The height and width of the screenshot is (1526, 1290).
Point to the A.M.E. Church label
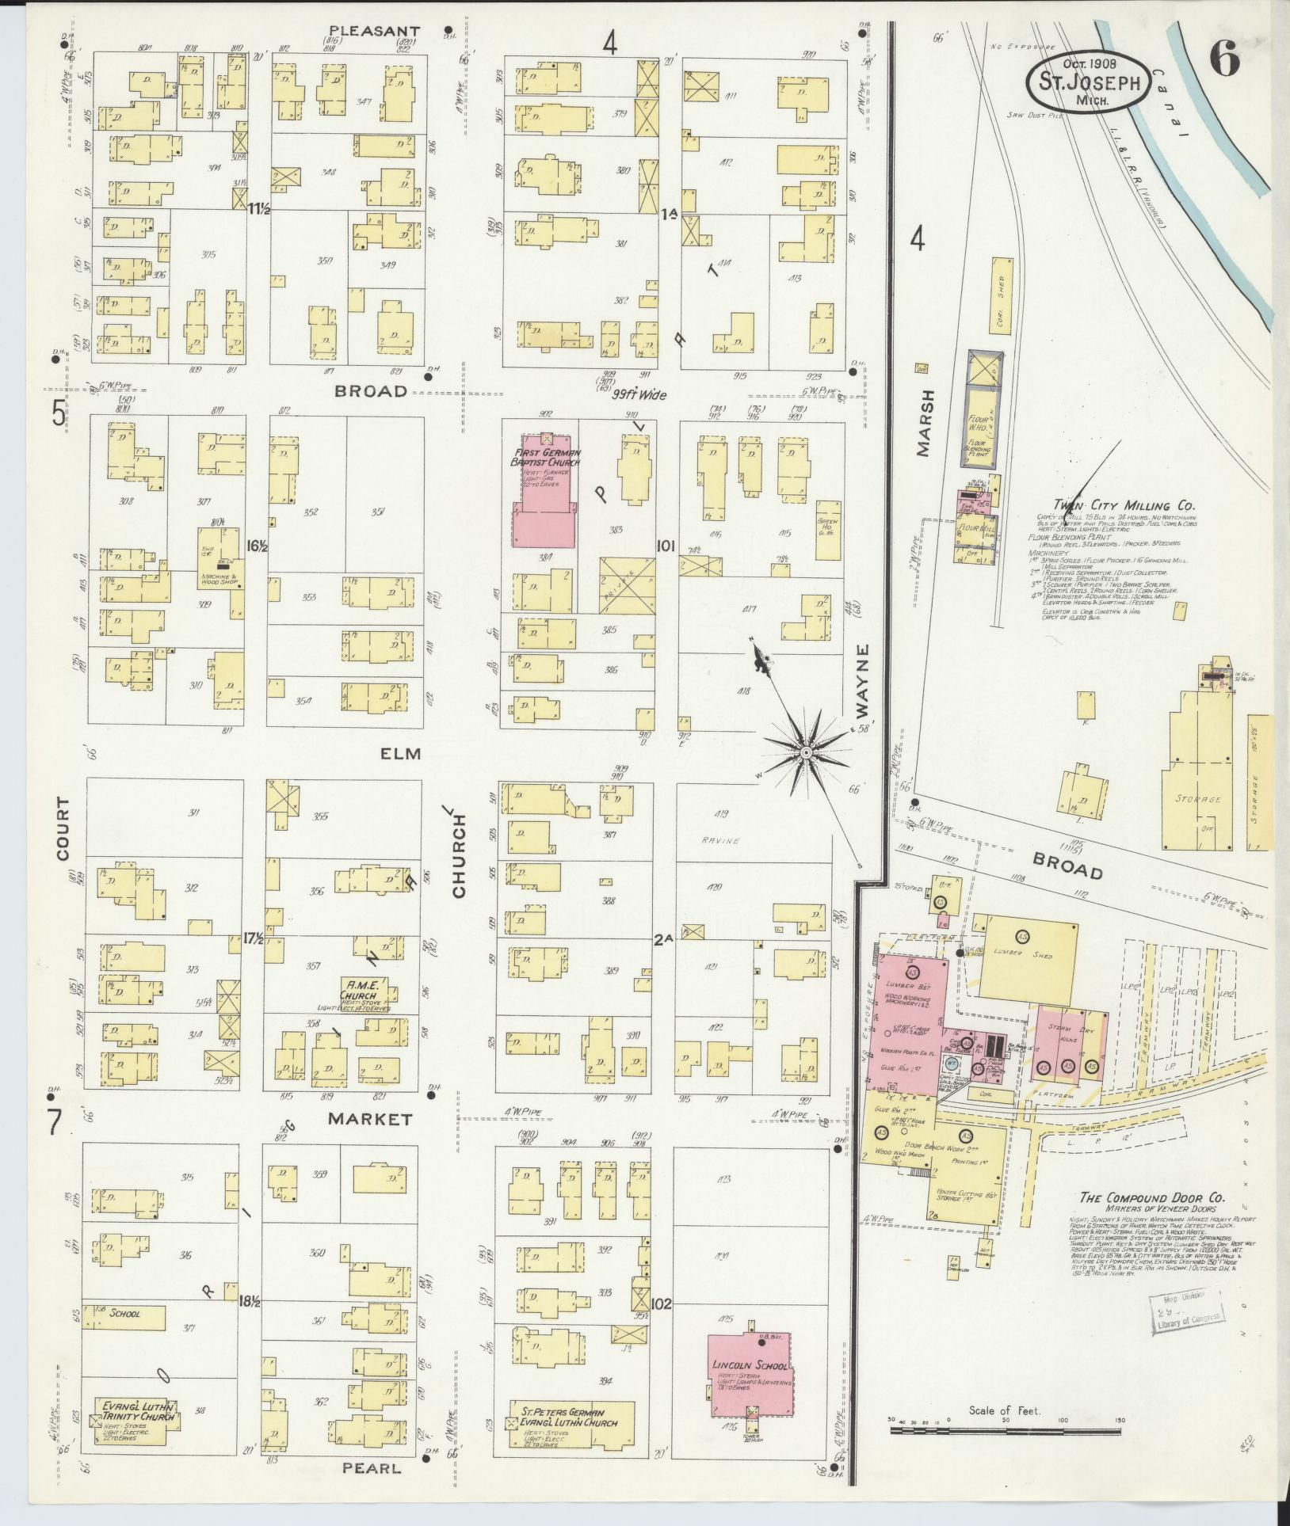point(363,991)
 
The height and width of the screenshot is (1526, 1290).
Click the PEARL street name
point(372,1467)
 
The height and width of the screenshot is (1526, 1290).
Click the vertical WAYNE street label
point(862,682)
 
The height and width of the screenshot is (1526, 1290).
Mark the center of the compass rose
point(805,751)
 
